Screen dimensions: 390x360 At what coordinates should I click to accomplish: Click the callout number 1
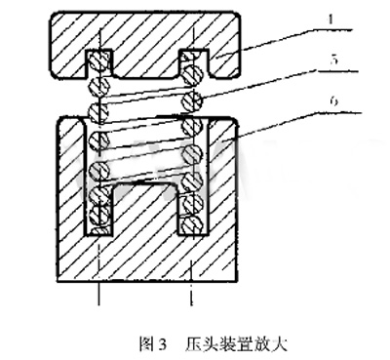[x=331, y=20]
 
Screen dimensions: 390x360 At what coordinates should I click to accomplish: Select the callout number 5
[x=332, y=60]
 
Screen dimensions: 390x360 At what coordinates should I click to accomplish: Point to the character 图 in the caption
[x=145, y=344]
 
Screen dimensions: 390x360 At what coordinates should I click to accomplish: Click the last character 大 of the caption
[x=280, y=344]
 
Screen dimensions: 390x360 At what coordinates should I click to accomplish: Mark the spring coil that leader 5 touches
[x=192, y=100]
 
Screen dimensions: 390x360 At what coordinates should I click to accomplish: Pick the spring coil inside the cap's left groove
[x=99, y=60]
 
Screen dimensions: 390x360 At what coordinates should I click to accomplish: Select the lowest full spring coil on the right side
[x=193, y=224]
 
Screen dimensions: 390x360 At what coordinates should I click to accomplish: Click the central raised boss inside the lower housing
[x=145, y=208]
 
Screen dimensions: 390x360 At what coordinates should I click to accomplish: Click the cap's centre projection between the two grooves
[x=145, y=62]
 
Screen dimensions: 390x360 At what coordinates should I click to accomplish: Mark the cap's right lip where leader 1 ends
[x=224, y=62]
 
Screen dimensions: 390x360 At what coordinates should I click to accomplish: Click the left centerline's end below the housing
[x=98, y=305]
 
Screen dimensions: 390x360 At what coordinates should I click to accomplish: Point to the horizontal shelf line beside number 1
[x=335, y=30]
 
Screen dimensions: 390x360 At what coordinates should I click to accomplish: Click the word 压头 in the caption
[x=200, y=344]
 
